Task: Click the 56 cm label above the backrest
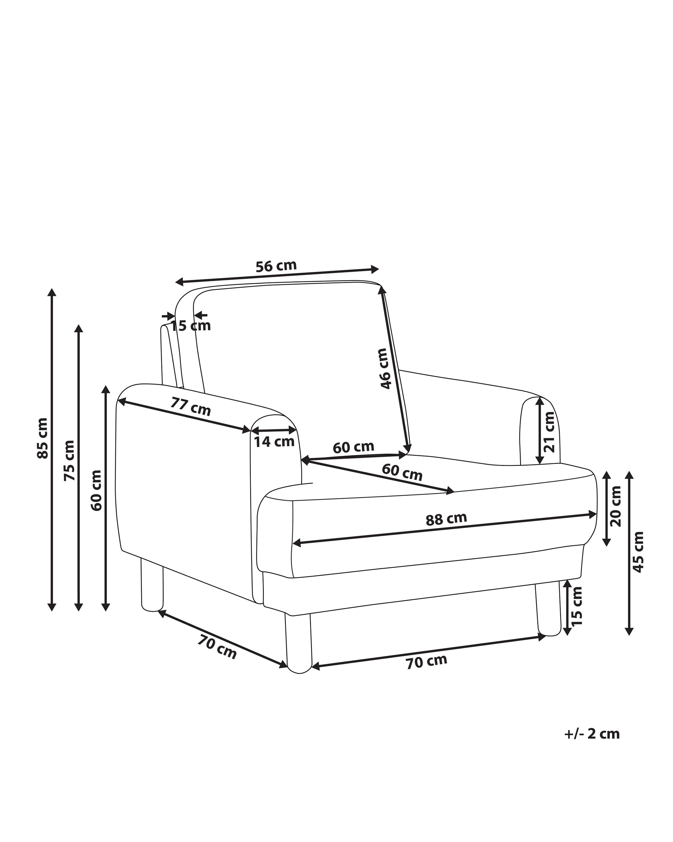point(276,266)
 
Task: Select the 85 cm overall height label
point(42,438)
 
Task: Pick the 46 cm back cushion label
point(384,368)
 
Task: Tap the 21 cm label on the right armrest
point(549,432)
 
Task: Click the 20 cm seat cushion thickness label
point(616,506)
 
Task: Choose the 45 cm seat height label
point(638,552)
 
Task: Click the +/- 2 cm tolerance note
point(592,734)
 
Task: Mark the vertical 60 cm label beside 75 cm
point(96,490)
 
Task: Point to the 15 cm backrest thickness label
point(191,325)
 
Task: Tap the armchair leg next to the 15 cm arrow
point(547,609)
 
